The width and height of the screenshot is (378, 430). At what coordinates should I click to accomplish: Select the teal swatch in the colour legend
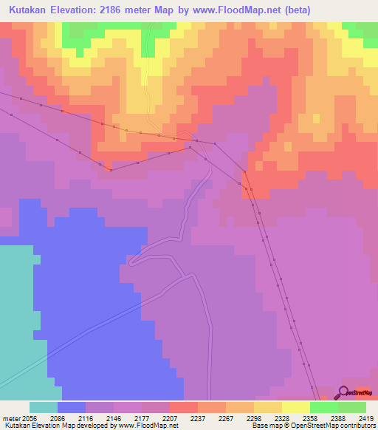coord(44,407)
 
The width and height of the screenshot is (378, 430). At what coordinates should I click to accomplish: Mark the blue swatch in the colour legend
coord(72,407)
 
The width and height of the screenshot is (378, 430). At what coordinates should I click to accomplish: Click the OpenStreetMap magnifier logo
coord(343,392)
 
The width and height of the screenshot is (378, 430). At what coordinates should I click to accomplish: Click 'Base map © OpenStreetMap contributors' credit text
coord(312,426)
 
